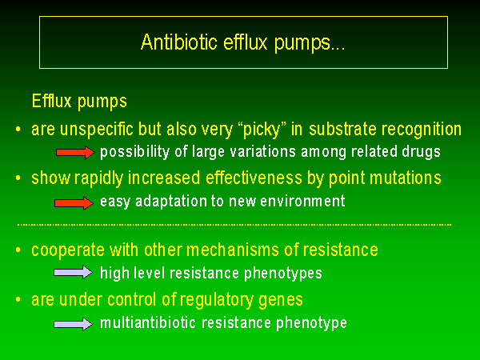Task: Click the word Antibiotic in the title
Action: click(x=179, y=42)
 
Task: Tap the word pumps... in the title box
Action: click(x=309, y=43)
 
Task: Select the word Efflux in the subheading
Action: click(x=52, y=100)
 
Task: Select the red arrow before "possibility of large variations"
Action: click(x=76, y=153)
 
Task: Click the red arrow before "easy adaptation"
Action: click(x=74, y=202)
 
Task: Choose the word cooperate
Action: click(x=68, y=250)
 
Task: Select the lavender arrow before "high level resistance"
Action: click(x=73, y=272)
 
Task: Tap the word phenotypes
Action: click(x=283, y=274)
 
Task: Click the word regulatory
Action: click(x=216, y=300)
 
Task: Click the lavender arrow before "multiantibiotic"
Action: click(x=73, y=324)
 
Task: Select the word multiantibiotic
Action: click(x=148, y=322)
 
